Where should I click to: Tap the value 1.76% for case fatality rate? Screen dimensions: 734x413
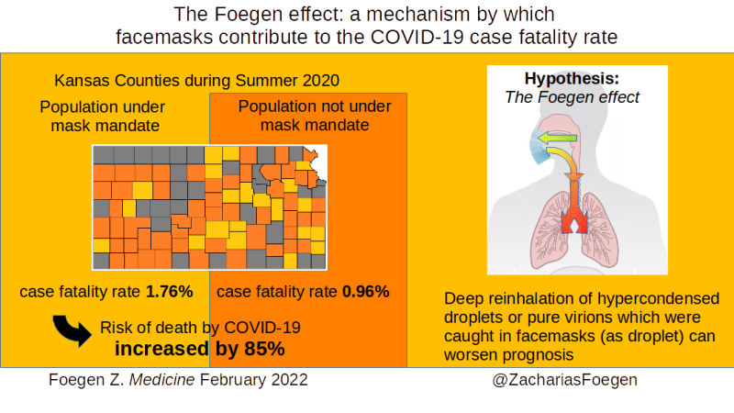(x=170, y=292)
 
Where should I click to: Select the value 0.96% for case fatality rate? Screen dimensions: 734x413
(x=366, y=292)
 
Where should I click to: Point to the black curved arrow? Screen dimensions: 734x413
(x=72, y=330)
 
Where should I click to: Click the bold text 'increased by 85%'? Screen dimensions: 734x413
(x=200, y=349)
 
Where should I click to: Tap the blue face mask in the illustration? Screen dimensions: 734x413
(x=539, y=146)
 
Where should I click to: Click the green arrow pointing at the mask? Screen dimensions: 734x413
(x=557, y=138)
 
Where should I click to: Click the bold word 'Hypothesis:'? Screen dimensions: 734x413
(x=572, y=79)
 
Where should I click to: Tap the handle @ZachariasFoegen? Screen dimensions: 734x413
(x=564, y=380)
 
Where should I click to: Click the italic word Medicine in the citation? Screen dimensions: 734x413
(x=162, y=380)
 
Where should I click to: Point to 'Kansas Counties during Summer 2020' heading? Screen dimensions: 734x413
(x=196, y=81)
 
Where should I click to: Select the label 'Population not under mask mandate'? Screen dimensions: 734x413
(x=315, y=116)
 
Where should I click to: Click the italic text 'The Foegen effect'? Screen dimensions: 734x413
(x=572, y=97)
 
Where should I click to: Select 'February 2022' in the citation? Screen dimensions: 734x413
(x=254, y=380)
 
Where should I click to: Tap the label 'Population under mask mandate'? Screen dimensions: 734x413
(x=103, y=117)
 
